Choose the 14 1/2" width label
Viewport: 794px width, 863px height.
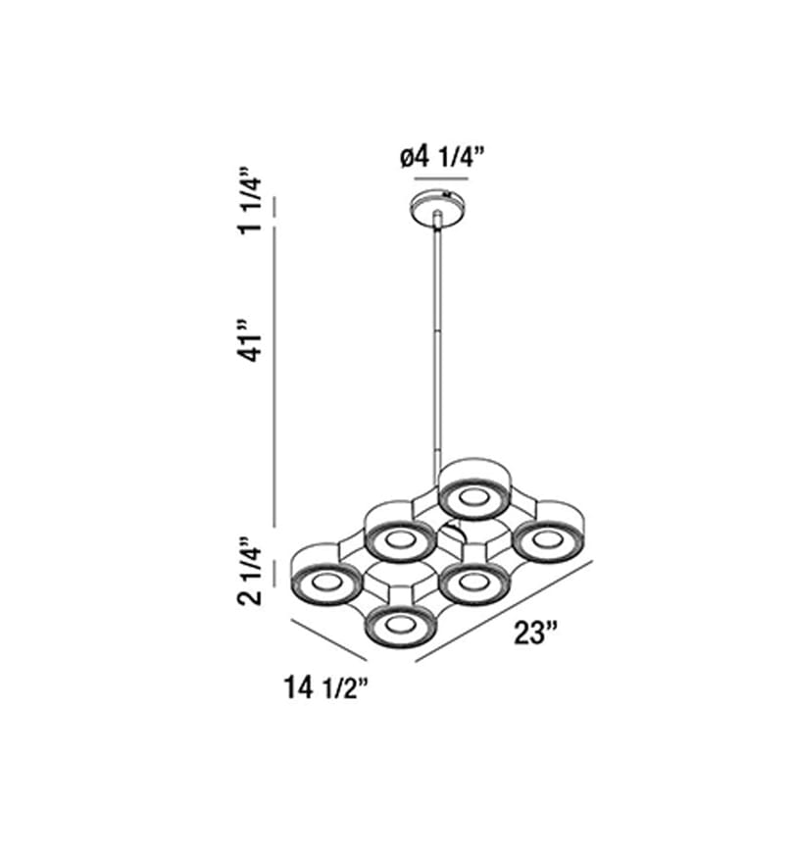click(x=325, y=687)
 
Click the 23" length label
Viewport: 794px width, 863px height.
click(x=536, y=633)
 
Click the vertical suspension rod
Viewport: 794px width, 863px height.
click(x=438, y=341)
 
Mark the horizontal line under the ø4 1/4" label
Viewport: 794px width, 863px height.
click(x=441, y=178)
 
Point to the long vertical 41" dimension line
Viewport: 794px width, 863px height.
click(x=275, y=378)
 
